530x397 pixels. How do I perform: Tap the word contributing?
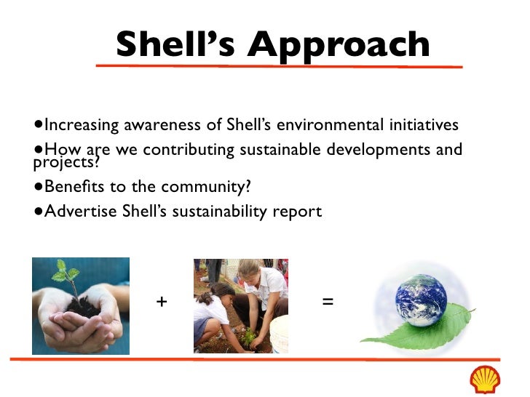tap(188, 151)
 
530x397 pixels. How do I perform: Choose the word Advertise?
tap(77, 212)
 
